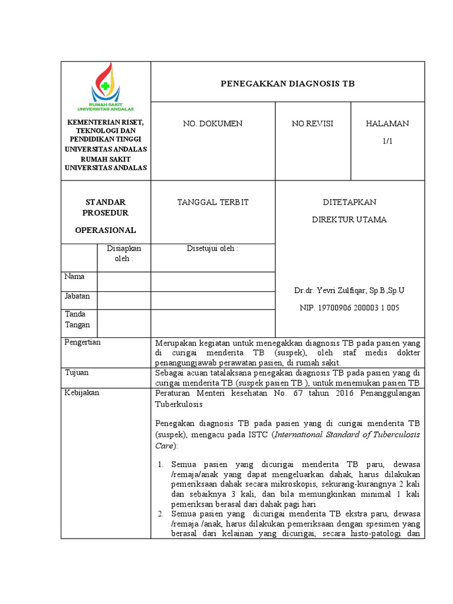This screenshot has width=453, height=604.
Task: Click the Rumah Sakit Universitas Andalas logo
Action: click(106, 88)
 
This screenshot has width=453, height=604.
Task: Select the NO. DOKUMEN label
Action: click(212, 123)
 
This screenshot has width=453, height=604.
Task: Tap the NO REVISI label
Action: click(312, 123)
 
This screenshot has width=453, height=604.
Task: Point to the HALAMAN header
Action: click(387, 123)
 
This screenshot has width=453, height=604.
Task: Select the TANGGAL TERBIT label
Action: click(213, 202)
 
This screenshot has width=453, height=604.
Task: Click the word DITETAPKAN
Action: click(349, 202)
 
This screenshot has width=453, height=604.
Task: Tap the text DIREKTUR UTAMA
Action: click(349, 220)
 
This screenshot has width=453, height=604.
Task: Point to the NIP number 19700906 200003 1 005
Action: click(349, 308)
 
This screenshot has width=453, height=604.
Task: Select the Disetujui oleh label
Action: click(212, 249)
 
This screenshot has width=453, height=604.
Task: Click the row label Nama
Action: click(74, 277)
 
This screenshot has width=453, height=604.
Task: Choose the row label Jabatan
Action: click(77, 297)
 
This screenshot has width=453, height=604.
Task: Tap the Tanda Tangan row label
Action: click(77, 320)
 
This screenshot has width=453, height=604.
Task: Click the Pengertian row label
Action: click(83, 342)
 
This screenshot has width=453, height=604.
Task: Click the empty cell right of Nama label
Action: click(123, 281)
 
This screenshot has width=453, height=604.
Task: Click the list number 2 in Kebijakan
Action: click(160, 514)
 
